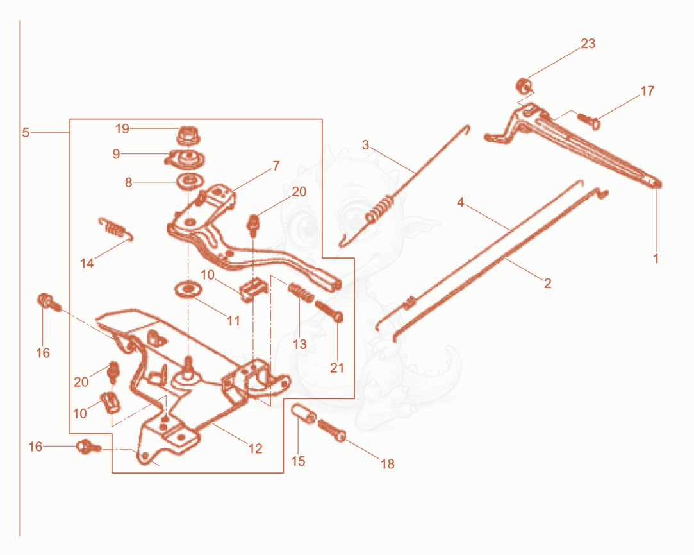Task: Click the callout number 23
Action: [x=588, y=44]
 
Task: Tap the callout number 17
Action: [x=647, y=91]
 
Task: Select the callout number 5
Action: [x=26, y=132]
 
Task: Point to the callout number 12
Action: [x=256, y=448]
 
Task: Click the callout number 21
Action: [x=337, y=368]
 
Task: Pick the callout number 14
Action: [x=87, y=263]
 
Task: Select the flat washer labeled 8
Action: [x=190, y=181]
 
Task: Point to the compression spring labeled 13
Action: [x=301, y=292]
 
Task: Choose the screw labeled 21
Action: [x=329, y=311]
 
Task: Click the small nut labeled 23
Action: [x=524, y=85]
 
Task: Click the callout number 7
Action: [x=276, y=166]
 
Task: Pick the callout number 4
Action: [x=460, y=202]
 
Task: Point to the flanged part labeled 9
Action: [x=186, y=158]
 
